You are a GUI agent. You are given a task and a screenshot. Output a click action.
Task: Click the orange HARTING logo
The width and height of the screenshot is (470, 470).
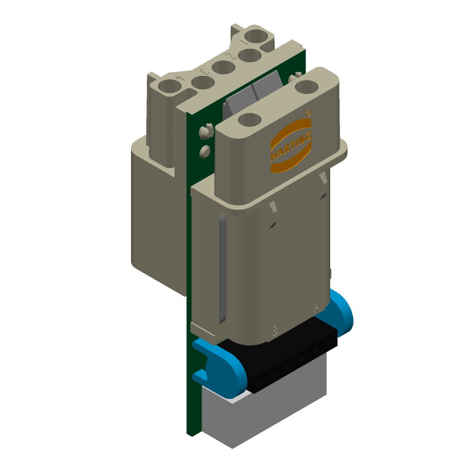coord(291,145)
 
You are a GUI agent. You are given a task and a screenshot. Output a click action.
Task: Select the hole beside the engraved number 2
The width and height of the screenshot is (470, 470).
coord(250,56)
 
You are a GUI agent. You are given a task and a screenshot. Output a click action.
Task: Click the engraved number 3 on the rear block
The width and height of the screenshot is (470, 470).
coord(204,72)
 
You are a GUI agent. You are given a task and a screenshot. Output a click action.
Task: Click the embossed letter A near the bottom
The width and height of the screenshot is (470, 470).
coord(318,305)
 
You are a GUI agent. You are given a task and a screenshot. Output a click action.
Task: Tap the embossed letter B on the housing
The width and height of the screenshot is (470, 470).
coord(274,330)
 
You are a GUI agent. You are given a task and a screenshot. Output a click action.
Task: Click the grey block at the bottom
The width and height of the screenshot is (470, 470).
coord(264,411)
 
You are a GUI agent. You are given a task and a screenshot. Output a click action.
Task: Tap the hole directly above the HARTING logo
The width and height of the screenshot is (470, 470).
coord(250,120)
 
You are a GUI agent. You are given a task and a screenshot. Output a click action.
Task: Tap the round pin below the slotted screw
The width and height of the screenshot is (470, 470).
coord(204,152)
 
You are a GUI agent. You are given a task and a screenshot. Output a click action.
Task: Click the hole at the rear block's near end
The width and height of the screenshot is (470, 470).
coord(170,87)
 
